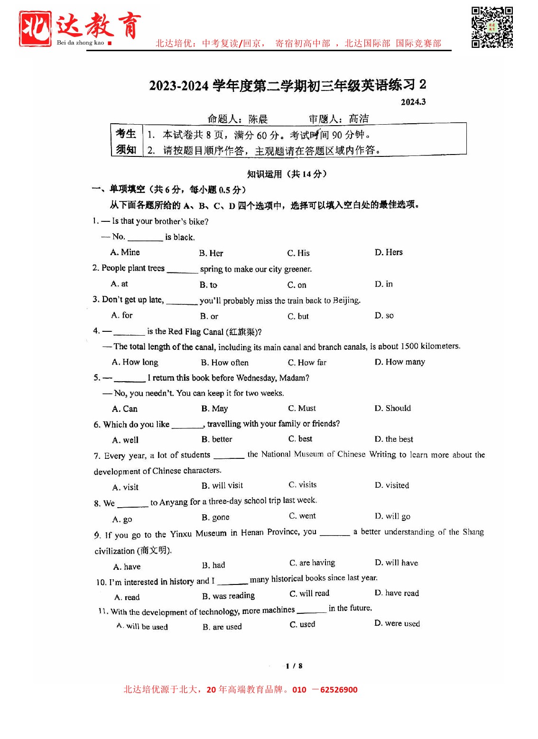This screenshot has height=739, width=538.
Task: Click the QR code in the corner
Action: tap(492, 27)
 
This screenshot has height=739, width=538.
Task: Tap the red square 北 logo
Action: tap(35, 29)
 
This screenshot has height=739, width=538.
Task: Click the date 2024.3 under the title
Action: tap(413, 102)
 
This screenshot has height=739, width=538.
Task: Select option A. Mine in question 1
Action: tap(125, 252)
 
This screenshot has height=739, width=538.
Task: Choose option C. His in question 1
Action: tap(298, 253)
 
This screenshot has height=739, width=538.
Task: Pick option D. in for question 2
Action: tap(384, 284)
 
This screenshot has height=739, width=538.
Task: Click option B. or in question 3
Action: tap(209, 316)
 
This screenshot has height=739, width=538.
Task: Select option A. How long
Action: tap(135, 362)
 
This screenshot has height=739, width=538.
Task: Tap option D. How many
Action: tap(400, 362)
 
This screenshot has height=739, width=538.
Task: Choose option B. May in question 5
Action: tap(214, 409)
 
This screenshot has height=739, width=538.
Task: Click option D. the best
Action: tap(394, 439)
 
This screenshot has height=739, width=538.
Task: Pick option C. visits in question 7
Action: tap(303, 485)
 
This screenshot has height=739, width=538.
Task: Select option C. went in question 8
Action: tap(302, 516)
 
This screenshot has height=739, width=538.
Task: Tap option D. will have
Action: tap(396, 563)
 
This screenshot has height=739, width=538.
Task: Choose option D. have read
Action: tap(397, 593)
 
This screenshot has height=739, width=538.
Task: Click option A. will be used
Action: tap(142, 626)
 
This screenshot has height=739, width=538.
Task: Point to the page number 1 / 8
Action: tap(294, 666)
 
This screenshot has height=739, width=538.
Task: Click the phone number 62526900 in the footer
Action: tap(339, 690)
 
